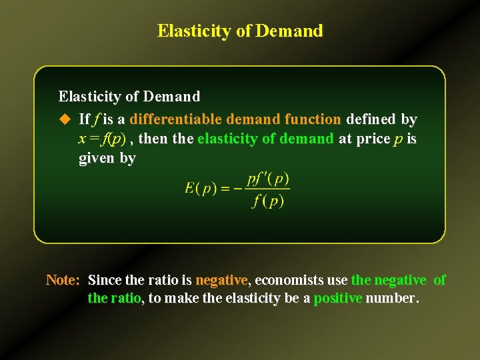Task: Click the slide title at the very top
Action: click(x=240, y=31)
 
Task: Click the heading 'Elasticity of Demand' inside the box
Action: click(x=129, y=97)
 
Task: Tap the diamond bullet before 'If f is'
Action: click(x=65, y=119)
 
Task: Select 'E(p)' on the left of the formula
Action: click(x=201, y=189)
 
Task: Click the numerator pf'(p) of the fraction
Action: click(x=267, y=179)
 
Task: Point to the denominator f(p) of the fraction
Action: click(x=267, y=200)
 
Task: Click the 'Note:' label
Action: click(x=63, y=280)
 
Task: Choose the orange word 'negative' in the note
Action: click(x=221, y=280)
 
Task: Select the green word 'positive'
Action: click(x=337, y=298)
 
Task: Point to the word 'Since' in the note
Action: click(x=104, y=280)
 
